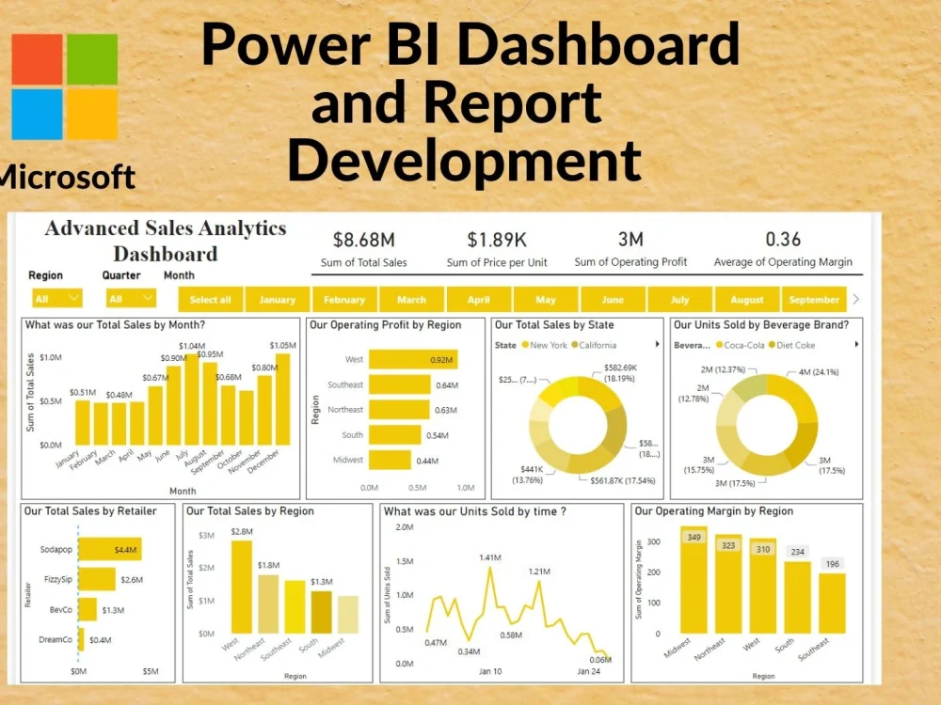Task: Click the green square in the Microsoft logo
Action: pos(92,59)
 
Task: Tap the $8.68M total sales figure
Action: pos(363,242)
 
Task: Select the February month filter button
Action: pos(343,300)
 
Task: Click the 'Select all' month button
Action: pos(210,300)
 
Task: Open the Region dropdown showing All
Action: pos(56,299)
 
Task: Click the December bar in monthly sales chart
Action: pos(283,399)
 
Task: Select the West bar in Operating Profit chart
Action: pos(412,359)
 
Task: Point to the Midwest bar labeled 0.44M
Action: pos(390,460)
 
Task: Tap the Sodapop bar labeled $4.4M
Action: pos(109,549)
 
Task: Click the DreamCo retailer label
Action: pos(56,639)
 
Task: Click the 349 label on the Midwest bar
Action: pos(694,538)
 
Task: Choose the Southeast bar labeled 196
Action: pos(831,602)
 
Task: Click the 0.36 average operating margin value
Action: pos(783,242)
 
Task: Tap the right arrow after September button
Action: pos(855,299)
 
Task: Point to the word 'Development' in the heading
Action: pos(465,159)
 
